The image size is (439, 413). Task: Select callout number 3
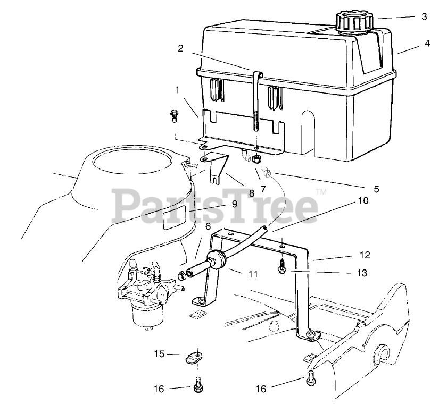[x=424, y=16]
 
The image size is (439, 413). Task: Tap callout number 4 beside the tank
[x=427, y=45]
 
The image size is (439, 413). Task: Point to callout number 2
[x=180, y=48]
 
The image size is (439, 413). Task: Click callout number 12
[x=364, y=256]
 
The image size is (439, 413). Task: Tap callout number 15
[x=159, y=353]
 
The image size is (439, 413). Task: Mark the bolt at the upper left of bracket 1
[x=174, y=116]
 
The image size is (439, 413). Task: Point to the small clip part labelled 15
[x=195, y=357]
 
